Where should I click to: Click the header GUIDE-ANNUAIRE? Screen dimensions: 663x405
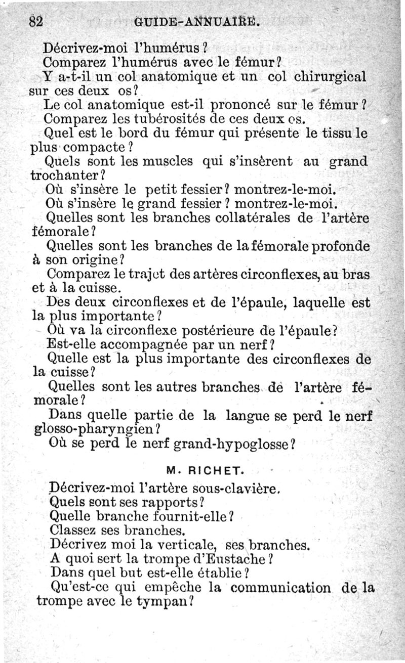[x=198, y=22]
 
